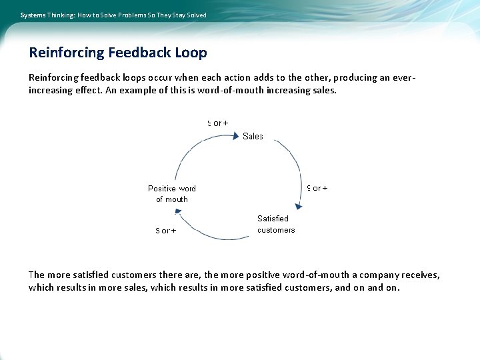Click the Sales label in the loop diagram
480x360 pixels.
pos(253,136)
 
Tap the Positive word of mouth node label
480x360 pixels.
pos(172,194)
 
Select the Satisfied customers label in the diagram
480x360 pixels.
pos(276,224)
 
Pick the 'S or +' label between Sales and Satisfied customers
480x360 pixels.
pos(317,188)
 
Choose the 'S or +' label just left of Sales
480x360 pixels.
pos(218,123)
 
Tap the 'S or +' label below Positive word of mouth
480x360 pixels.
pos(166,231)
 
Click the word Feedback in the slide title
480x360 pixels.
pos(140,53)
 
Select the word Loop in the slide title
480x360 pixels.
pos(191,53)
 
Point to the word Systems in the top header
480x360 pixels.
pos(33,15)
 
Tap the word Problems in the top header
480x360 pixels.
pos(133,15)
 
